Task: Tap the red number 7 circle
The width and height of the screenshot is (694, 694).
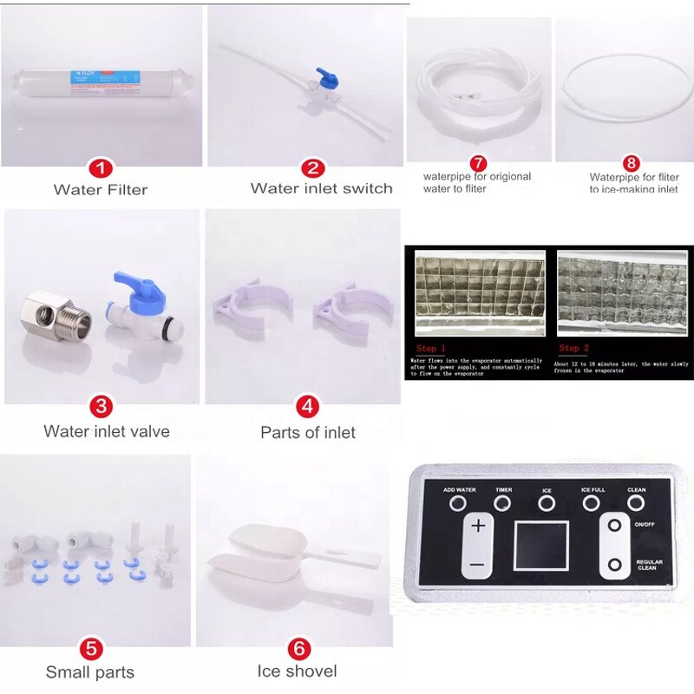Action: (477, 163)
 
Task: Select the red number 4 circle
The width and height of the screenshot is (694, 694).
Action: (307, 406)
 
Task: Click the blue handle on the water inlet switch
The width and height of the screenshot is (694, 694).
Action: (327, 75)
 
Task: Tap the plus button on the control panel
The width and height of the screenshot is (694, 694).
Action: (477, 527)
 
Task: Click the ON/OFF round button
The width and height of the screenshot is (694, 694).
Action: (615, 526)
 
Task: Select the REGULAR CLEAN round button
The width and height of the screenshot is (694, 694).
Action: (615, 565)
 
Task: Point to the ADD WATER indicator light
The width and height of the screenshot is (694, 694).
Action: (459, 503)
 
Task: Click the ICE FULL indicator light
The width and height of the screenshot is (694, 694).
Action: (593, 502)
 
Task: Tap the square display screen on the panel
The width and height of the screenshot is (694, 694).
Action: (540, 546)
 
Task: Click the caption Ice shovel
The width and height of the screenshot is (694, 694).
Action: (297, 671)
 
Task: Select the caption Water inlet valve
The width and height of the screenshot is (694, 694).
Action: (107, 431)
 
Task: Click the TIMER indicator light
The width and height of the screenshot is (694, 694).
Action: (503, 503)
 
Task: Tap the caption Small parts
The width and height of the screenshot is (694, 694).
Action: (90, 671)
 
